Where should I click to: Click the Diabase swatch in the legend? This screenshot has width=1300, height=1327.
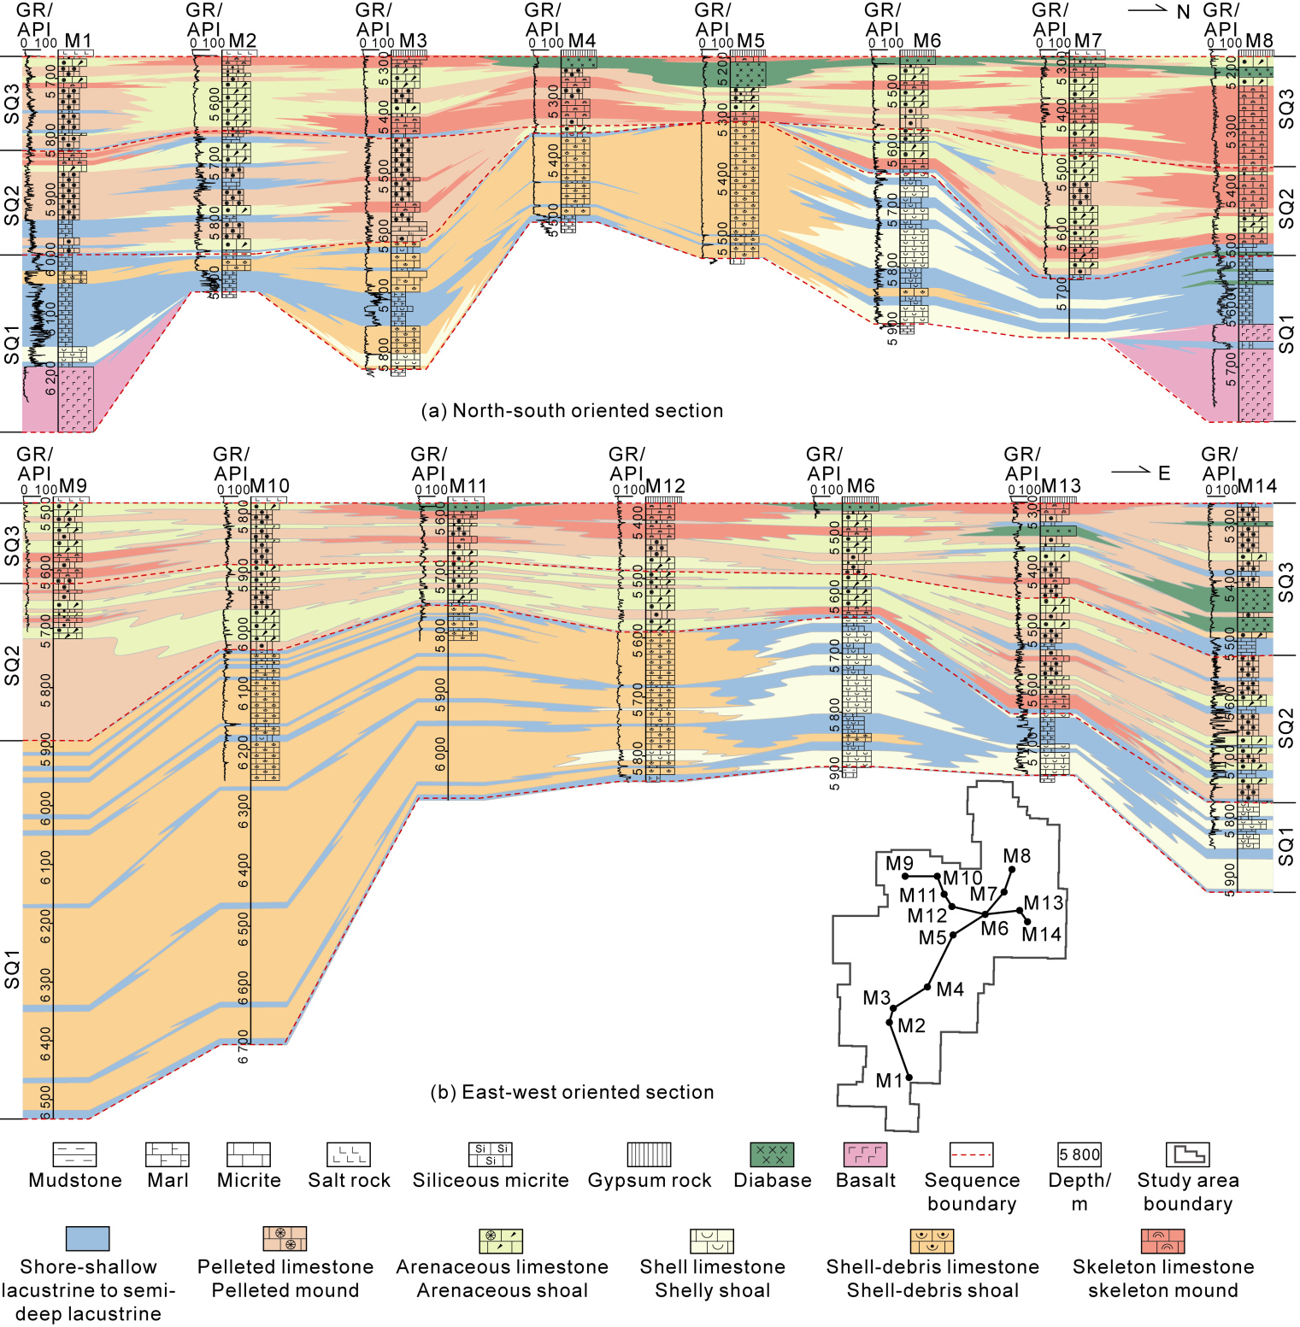pos(772,1154)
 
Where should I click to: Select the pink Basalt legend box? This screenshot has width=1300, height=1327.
pos(865,1154)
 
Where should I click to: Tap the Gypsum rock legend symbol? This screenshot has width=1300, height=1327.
pos(649,1154)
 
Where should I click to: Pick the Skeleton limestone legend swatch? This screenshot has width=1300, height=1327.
pos(1162,1241)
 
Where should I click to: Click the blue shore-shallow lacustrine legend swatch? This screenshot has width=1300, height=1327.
pos(88,1239)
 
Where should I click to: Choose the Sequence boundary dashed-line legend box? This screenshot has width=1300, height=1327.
pos(971,1154)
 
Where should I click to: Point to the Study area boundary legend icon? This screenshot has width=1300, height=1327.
pos(1187,1154)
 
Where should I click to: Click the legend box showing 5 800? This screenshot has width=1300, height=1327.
pos(1079,1154)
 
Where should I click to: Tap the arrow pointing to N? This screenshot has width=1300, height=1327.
pos(1148,9)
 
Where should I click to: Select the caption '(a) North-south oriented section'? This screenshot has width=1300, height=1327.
pos(572,410)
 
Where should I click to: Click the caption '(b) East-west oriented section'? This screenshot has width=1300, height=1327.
pos(572,1092)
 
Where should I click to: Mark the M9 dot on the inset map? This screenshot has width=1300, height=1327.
pos(905,877)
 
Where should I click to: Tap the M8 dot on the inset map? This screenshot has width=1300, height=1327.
pos(1012,870)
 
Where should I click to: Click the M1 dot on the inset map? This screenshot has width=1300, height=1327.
pos(909,1078)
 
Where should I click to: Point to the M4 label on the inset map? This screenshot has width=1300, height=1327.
pos(950,989)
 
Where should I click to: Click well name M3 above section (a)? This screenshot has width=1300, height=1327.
pos(413,41)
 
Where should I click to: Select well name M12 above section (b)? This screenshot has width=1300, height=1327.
pos(665,486)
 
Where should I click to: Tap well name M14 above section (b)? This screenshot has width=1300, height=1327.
pos(1256,486)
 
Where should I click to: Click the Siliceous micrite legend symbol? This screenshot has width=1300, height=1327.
pos(490,1154)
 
